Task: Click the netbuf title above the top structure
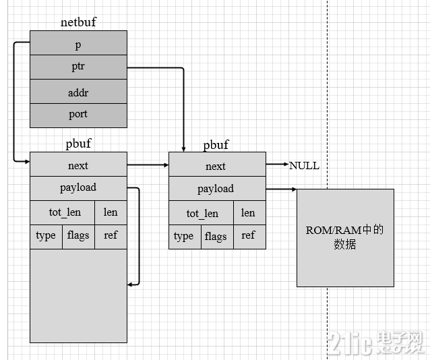point(78,22)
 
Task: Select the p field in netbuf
point(78,44)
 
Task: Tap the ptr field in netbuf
point(78,68)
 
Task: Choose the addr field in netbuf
point(78,92)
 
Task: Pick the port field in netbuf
point(78,115)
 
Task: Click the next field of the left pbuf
point(78,165)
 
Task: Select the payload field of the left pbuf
point(78,187)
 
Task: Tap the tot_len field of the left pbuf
point(65,212)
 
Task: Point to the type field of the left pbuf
point(46,235)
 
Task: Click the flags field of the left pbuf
point(78,235)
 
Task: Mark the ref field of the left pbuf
point(111,235)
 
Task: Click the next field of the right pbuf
point(216,166)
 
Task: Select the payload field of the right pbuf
point(216,189)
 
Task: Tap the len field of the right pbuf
point(248,213)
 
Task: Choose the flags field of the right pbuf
point(216,236)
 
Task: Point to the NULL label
point(304,165)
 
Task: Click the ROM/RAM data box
point(345,237)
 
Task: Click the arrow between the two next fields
point(148,164)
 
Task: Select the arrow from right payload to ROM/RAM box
point(281,189)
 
